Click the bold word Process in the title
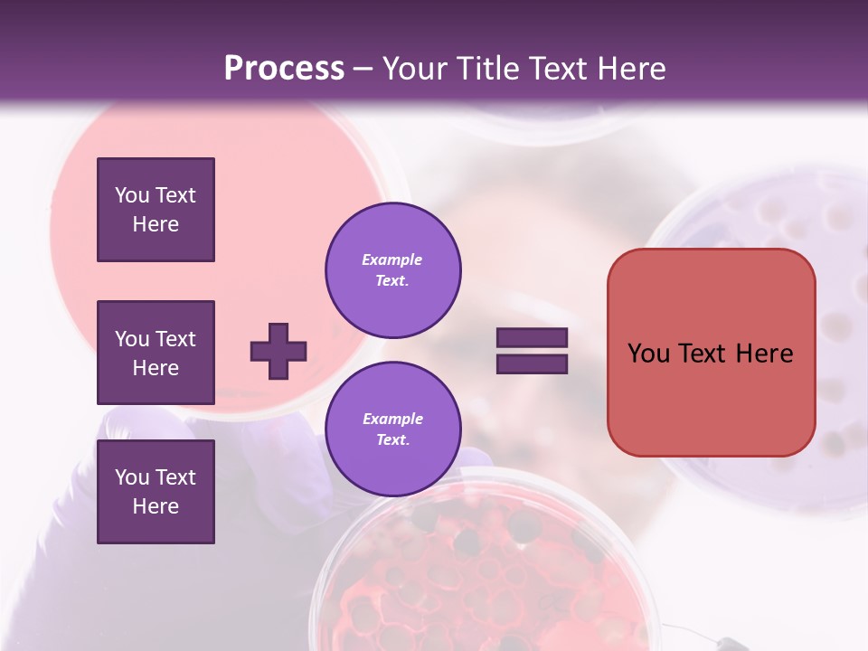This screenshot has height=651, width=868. tap(284, 69)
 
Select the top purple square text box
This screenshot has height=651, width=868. tap(156, 210)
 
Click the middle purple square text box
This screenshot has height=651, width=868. tap(156, 353)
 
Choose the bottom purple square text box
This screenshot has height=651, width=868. tap(156, 492)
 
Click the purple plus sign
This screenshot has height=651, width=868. tap(278, 351)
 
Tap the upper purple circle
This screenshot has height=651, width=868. tap(393, 270)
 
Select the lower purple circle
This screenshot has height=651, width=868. tap(393, 429)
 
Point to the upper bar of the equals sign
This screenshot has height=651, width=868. tap(532, 337)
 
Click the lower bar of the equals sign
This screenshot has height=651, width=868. tap(532, 363)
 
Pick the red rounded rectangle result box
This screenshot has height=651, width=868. tap(711, 353)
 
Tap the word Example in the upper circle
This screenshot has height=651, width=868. tap(392, 259)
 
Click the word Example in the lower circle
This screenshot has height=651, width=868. tap(392, 419)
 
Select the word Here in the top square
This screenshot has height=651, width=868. tap(156, 224)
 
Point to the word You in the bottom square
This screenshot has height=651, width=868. tap(132, 477)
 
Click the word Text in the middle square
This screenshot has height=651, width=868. tap(175, 339)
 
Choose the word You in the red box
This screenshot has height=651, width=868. tap(648, 354)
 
